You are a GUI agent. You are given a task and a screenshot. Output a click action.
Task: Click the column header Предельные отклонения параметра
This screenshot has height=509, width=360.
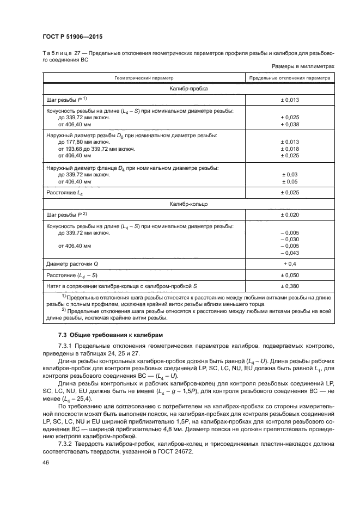(x=290, y=78)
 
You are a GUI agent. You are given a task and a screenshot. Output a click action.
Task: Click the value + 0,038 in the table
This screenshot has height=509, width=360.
(x=290, y=125)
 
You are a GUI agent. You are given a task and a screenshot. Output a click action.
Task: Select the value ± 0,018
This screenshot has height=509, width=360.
(x=290, y=149)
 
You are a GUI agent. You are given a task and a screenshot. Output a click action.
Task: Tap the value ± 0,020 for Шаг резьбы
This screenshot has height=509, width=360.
(x=290, y=215)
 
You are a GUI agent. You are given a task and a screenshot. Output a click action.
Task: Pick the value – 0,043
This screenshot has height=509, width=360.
(x=290, y=253)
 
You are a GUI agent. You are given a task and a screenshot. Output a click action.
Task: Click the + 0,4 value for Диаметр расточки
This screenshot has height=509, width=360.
(x=290, y=264)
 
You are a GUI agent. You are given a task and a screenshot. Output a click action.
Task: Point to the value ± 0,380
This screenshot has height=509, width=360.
(x=290, y=286)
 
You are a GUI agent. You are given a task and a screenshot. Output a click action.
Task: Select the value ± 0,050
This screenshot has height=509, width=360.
(x=290, y=275)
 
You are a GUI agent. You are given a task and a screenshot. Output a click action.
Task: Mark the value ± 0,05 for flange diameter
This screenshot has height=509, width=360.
(x=290, y=181)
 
